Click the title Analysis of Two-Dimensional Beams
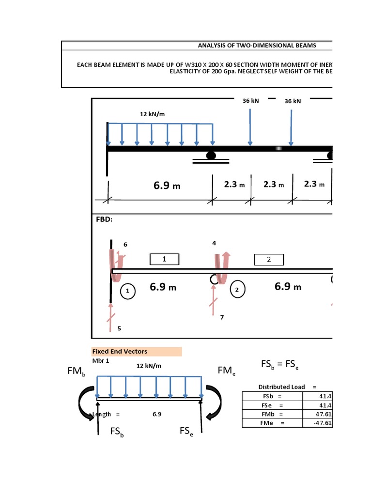pyautogui.click(x=257, y=46)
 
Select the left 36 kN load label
pyautogui.click(x=251, y=101)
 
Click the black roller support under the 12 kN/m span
pyautogui.click(x=211, y=155)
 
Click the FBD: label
pyautogui.click(x=104, y=219)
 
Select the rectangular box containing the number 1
pyautogui.click(x=164, y=259)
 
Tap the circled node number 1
pyautogui.click(x=128, y=291)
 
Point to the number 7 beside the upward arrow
pyautogui.click(x=222, y=317)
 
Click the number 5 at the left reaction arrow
pyautogui.click(x=119, y=328)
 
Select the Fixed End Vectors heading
pyautogui.click(x=120, y=351)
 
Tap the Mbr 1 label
pyautogui.click(x=101, y=361)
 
